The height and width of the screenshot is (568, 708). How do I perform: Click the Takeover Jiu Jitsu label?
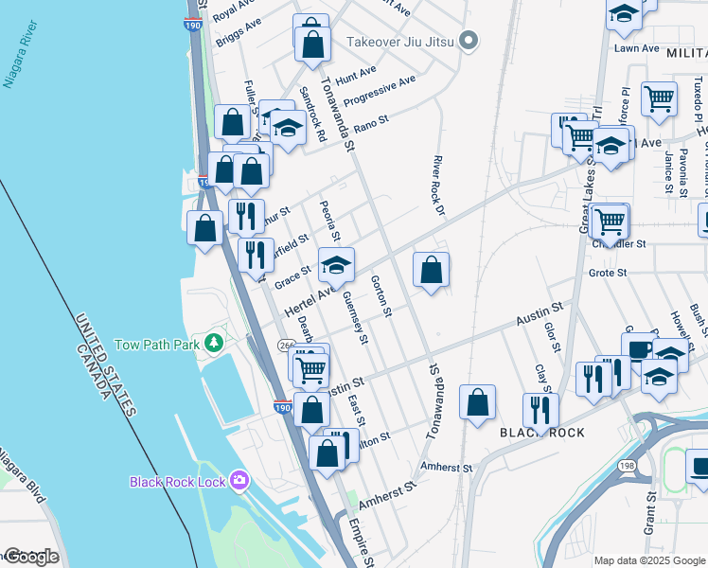pos(400,41)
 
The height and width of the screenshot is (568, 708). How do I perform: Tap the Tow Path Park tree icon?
pos(216,344)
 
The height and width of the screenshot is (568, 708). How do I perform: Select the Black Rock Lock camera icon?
pos(239,481)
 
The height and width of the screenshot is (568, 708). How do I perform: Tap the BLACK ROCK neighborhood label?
pos(542,433)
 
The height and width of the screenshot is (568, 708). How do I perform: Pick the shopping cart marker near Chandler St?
pos(611,222)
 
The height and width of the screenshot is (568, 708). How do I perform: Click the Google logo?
pos(30,557)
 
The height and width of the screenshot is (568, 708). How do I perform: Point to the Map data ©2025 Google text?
pos(649,560)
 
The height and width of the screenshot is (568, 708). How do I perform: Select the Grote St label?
pos(609,273)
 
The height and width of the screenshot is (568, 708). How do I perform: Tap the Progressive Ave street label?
pos(379,92)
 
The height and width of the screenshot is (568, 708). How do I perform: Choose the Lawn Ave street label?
pos(636,48)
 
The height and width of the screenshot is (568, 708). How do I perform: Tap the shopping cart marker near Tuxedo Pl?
pos(659,98)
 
